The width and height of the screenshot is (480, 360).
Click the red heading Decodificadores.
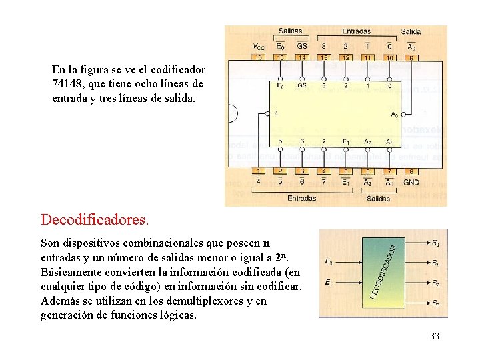[x=95, y=219]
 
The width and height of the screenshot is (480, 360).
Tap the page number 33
[x=435, y=336]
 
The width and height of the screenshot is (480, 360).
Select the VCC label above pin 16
[x=259, y=46]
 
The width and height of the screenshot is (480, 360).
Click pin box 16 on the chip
[x=259, y=58]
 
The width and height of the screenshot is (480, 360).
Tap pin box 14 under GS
[x=302, y=58]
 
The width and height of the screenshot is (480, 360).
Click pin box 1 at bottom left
[x=259, y=171]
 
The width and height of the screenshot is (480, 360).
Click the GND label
[x=411, y=181]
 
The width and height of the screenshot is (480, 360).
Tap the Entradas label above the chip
[x=357, y=31]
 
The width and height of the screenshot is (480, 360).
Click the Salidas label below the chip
[x=378, y=198]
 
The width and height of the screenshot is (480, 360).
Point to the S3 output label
[x=435, y=304]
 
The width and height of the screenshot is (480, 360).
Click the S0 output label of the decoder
[x=435, y=243]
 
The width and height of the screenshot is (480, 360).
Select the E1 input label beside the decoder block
[x=329, y=283]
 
